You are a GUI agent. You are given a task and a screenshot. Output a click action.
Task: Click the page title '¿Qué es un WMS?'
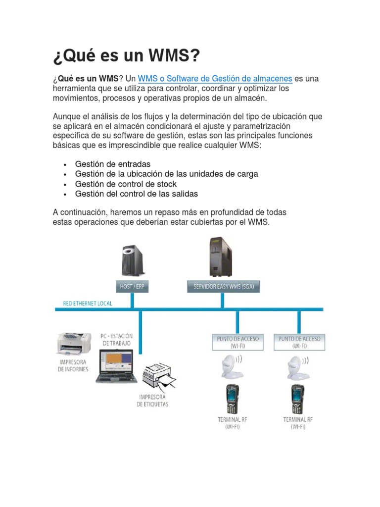[127, 56]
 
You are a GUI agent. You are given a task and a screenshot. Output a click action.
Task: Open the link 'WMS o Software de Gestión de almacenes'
[215, 79]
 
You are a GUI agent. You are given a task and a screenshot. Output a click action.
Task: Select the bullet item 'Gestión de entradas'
[113, 164]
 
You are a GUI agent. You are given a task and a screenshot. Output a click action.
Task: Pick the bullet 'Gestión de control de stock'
[126, 184]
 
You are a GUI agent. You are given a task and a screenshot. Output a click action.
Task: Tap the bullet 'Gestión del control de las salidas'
[137, 194]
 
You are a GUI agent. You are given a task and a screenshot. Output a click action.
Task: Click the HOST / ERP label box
[132, 287]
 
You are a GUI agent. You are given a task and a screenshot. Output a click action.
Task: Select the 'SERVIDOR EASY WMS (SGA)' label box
[224, 287]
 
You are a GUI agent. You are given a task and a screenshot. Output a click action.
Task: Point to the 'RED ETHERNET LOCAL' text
[88, 303]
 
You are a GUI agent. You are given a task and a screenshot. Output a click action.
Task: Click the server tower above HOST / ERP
[132, 260]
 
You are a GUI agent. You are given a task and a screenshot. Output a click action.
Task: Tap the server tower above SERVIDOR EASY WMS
[221, 257]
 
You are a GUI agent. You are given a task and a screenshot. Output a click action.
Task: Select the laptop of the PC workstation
[116, 366]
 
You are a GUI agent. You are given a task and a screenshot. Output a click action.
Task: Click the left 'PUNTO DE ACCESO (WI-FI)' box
[238, 342]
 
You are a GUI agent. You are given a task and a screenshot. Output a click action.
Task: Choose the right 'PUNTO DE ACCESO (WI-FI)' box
[299, 342]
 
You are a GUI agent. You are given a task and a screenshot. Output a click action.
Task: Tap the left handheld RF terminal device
[232, 400]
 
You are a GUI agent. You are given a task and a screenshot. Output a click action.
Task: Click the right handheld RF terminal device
[297, 400]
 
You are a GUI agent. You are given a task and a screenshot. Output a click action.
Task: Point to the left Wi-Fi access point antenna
[231, 367]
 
